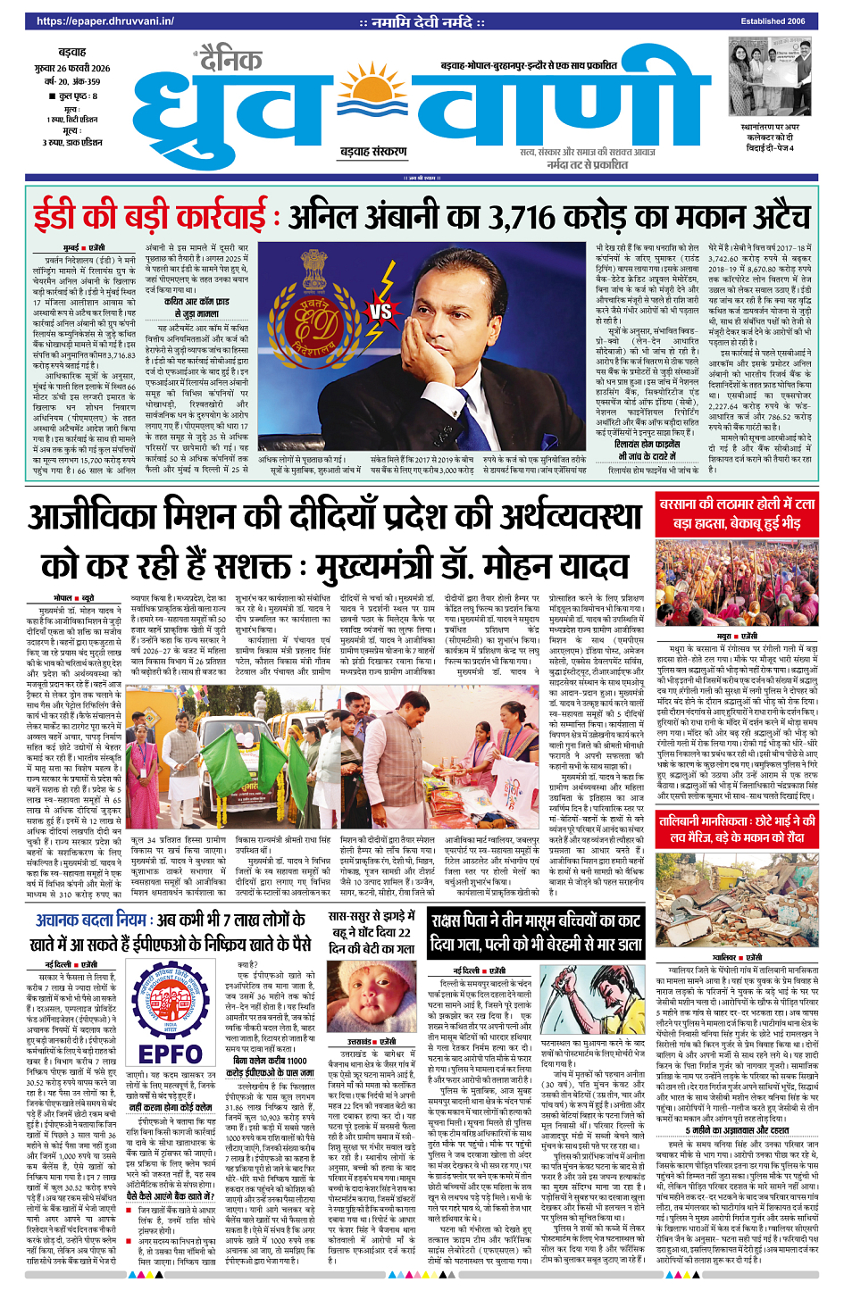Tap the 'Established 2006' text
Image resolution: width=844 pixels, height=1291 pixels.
[773, 21]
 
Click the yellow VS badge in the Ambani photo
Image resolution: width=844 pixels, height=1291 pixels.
[380, 312]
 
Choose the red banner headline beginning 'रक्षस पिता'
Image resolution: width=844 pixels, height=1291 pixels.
[535, 932]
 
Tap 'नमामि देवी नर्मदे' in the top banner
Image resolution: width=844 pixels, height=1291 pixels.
[422, 21]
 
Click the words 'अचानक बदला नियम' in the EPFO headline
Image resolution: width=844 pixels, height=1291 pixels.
[90, 920]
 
